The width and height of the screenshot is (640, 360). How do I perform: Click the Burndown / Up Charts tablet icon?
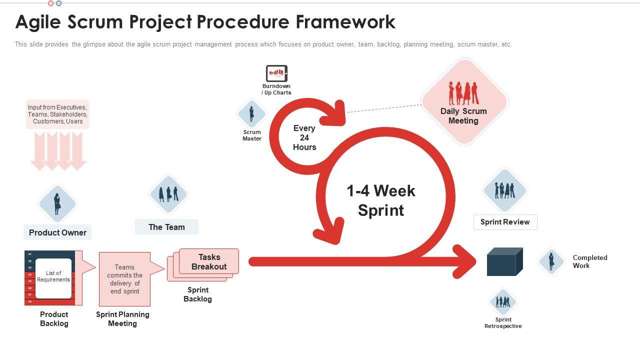pyautogui.click(x=276, y=73)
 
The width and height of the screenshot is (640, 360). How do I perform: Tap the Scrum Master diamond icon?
pyautogui.click(x=251, y=114)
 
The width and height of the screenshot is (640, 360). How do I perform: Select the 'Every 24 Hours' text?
pyautogui.click(x=304, y=137)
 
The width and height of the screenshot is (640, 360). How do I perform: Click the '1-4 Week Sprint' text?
pyautogui.click(x=381, y=200)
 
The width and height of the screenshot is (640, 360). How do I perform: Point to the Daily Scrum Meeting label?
pyautogui.click(x=463, y=116)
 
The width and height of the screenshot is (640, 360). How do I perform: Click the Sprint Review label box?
pyautogui.click(x=505, y=222)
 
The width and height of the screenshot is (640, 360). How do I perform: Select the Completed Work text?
pyautogui.click(x=589, y=261)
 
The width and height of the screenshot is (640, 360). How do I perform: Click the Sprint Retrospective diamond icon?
pyautogui.click(x=503, y=301)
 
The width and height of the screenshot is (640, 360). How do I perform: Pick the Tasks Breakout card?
pyautogui.click(x=209, y=261)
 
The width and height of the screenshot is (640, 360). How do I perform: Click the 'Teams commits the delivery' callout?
pyautogui.click(x=125, y=279)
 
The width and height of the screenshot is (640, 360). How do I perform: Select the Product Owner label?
pyautogui.click(x=57, y=232)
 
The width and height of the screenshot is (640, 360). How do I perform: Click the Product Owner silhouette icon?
pyautogui.click(x=57, y=204)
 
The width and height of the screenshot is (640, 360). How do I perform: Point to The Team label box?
pyautogui.click(x=166, y=227)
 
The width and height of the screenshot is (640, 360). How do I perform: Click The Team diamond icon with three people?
pyautogui.click(x=168, y=194)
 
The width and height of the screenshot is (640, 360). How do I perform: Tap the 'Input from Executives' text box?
pyautogui.click(x=57, y=114)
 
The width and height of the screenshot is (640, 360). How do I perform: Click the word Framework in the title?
pyautogui.click(x=345, y=22)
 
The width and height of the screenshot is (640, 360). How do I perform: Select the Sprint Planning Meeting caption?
pyautogui.click(x=122, y=319)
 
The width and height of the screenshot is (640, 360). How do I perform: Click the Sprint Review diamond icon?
pyautogui.click(x=504, y=190)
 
